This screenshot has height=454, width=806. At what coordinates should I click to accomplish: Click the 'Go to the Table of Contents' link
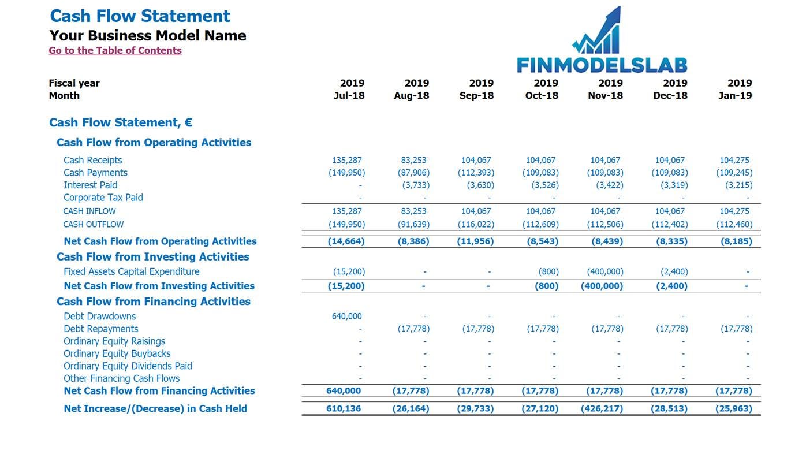click(115, 50)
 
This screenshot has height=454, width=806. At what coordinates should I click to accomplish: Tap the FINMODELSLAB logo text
click(602, 65)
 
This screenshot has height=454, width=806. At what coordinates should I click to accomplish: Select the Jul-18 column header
click(349, 95)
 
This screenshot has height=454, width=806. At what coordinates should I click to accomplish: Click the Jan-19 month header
click(735, 95)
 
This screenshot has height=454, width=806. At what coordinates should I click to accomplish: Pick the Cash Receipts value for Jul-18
click(347, 160)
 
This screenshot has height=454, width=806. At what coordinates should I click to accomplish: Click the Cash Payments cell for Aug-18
click(413, 173)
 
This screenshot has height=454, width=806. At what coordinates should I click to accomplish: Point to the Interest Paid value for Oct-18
click(545, 185)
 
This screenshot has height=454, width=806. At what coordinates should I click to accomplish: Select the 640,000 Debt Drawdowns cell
click(347, 316)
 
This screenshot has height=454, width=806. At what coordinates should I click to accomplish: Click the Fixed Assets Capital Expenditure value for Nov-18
click(605, 271)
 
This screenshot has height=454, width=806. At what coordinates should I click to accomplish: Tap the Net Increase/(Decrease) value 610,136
click(344, 408)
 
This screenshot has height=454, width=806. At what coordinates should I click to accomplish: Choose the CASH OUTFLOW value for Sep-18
click(476, 225)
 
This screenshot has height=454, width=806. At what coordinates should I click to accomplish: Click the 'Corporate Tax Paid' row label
click(103, 198)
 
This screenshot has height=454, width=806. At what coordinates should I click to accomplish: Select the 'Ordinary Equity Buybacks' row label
click(117, 354)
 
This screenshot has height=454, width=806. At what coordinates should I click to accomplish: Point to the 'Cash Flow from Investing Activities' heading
click(153, 256)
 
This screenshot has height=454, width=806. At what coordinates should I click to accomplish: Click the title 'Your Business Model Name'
click(148, 36)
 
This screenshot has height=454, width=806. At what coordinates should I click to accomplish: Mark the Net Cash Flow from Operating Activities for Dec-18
click(672, 241)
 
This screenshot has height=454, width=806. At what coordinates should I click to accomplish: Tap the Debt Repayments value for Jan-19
click(737, 329)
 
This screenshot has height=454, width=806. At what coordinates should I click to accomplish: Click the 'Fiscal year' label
click(74, 83)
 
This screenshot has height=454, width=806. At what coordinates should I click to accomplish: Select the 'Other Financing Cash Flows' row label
click(122, 378)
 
